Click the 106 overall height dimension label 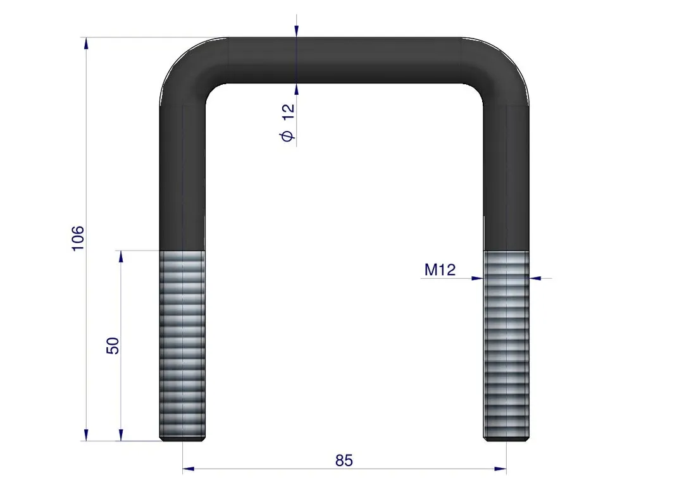(x=78, y=238)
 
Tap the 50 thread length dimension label (x=113, y=345)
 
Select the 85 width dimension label (x=344, y=460)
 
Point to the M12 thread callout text (x=440, y=270)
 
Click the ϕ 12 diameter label (x=288, y=123)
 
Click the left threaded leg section (x=182, y=345)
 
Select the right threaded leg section (x=506, y=345)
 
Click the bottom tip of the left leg (x=182, y=441)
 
